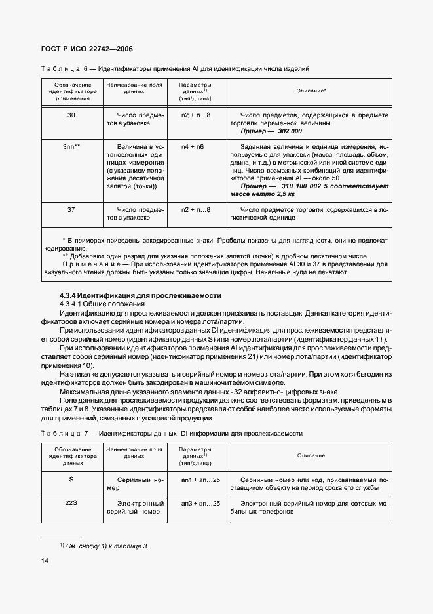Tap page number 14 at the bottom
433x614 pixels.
[x=47, y=560]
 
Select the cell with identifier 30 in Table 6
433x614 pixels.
[x=71, y=115]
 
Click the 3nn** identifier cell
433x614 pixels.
[x=71, y=147]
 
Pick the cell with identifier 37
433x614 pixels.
[x=71, y=210]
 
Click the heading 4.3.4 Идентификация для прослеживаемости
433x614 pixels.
[x=140, y=295]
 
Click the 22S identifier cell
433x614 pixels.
[x=71, y=503]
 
